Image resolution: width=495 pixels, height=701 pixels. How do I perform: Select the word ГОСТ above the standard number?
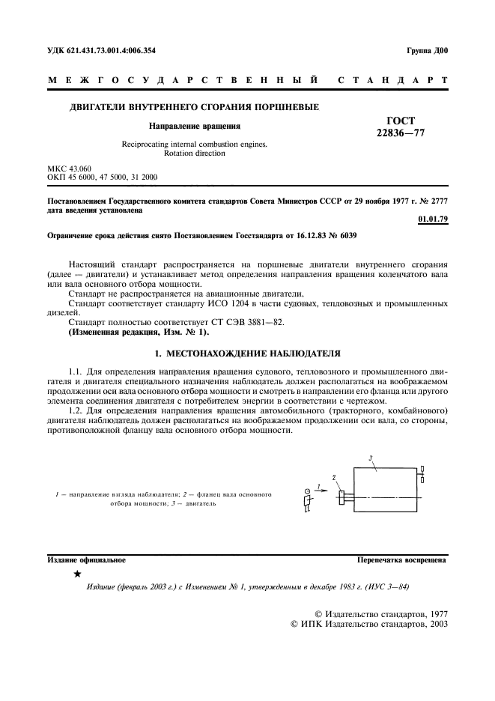(400, 121)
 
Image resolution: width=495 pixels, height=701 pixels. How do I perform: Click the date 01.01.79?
(432, 219)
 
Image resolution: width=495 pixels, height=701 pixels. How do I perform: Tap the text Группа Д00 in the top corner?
(428, 51)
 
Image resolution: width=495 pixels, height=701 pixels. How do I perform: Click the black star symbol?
(77, 574)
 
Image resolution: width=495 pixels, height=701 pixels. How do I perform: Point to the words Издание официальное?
(86, 559)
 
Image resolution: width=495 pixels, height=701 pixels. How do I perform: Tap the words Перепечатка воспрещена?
(401, 559)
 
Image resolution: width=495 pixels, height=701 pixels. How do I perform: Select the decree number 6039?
(347, 235)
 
